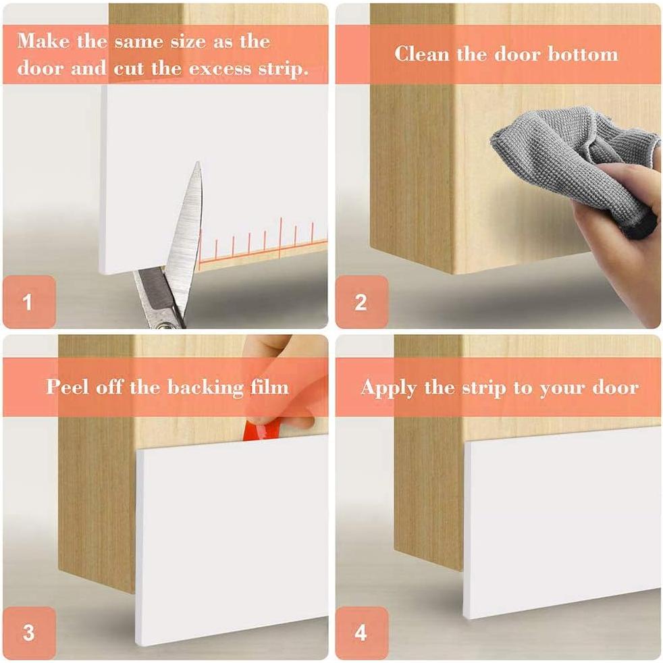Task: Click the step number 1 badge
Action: (29, 302)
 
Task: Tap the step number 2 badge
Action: (362, 302)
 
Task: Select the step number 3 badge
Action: (29, 633)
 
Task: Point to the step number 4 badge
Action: (362, 633)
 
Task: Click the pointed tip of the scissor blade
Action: (197, 163)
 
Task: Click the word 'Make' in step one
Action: (43, 41)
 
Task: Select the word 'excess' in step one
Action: (220, 69)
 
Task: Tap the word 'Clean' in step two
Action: (421, 54)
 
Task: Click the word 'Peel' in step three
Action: (68, 386)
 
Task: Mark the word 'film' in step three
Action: (269, 386)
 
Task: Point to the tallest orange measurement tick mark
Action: (281, 238)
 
